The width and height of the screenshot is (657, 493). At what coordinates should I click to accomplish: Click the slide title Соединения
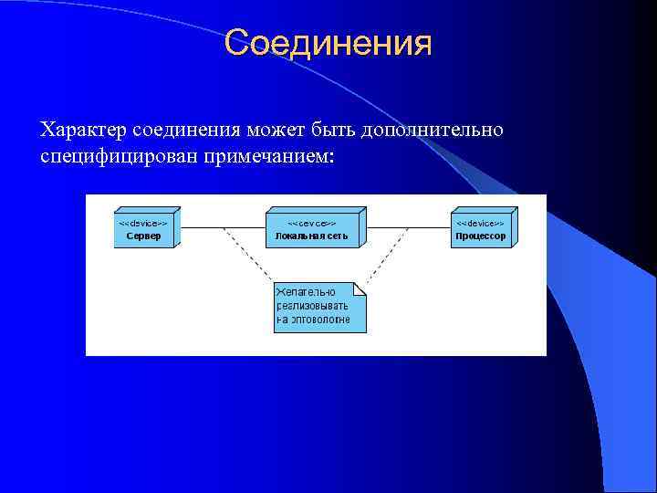coord(328,42)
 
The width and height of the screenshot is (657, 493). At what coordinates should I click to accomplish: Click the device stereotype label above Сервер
coord(142,223)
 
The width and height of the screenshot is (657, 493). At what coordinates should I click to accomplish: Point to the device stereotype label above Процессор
coord(480,223)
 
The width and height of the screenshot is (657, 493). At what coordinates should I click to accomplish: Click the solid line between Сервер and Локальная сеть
coord(223,226)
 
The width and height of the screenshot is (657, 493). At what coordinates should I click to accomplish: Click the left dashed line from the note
coord(247,255)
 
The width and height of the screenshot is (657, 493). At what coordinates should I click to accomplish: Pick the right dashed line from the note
coord(388,255)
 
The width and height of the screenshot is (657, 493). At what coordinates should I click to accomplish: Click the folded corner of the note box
coord(360,288)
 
